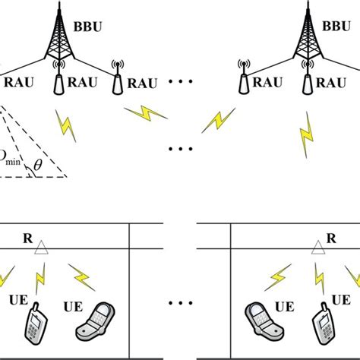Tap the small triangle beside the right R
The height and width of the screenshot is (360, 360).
click(x=317, y=245)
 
